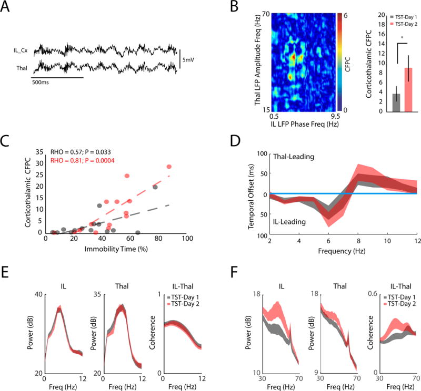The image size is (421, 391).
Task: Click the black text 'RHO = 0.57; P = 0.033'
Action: [x=85, y=152]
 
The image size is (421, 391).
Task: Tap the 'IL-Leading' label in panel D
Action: [x=287, y=222]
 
